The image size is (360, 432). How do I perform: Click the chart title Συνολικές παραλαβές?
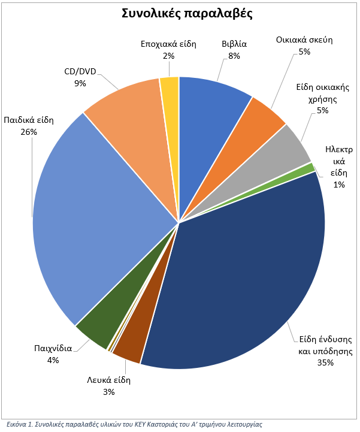[x=187, y=14]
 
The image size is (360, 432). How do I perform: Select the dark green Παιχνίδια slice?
[x=107, y=319]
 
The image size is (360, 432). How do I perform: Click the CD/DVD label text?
[x=80, y=72]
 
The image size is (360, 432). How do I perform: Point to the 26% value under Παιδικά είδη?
[x=29, y=132]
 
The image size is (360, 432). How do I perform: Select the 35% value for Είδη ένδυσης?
[x=326, y=362]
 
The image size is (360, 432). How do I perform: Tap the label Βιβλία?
[x=234, y=44]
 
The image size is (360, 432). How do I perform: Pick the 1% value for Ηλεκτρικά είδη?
[x=339, y=185]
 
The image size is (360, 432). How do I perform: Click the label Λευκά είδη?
[x=109, y=380]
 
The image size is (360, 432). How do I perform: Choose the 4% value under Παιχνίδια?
[x=53, y=360]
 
